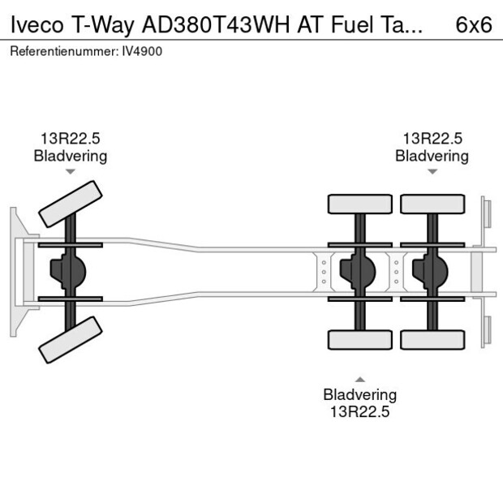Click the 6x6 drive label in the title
click(x=473, y=24)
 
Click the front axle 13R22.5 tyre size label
click(x=70, y=139)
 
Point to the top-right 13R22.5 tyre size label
click(x=432, y=139)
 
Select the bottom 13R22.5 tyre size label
click(x=359, y=411)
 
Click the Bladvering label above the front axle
click(x=70, y=156)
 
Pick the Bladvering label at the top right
click(x=432, y=156)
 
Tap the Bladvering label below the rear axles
click(x=359, y=395)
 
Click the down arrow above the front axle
click(x=71, y=171)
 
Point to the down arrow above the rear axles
click(x=432, y=171)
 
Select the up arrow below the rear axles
click(x=359, y=379)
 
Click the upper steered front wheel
click(x=71, y=204)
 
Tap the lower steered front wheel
click(x=71, y=339)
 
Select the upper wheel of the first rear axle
click(x=359, y=204)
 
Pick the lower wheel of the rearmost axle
click(x=432, y=340)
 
